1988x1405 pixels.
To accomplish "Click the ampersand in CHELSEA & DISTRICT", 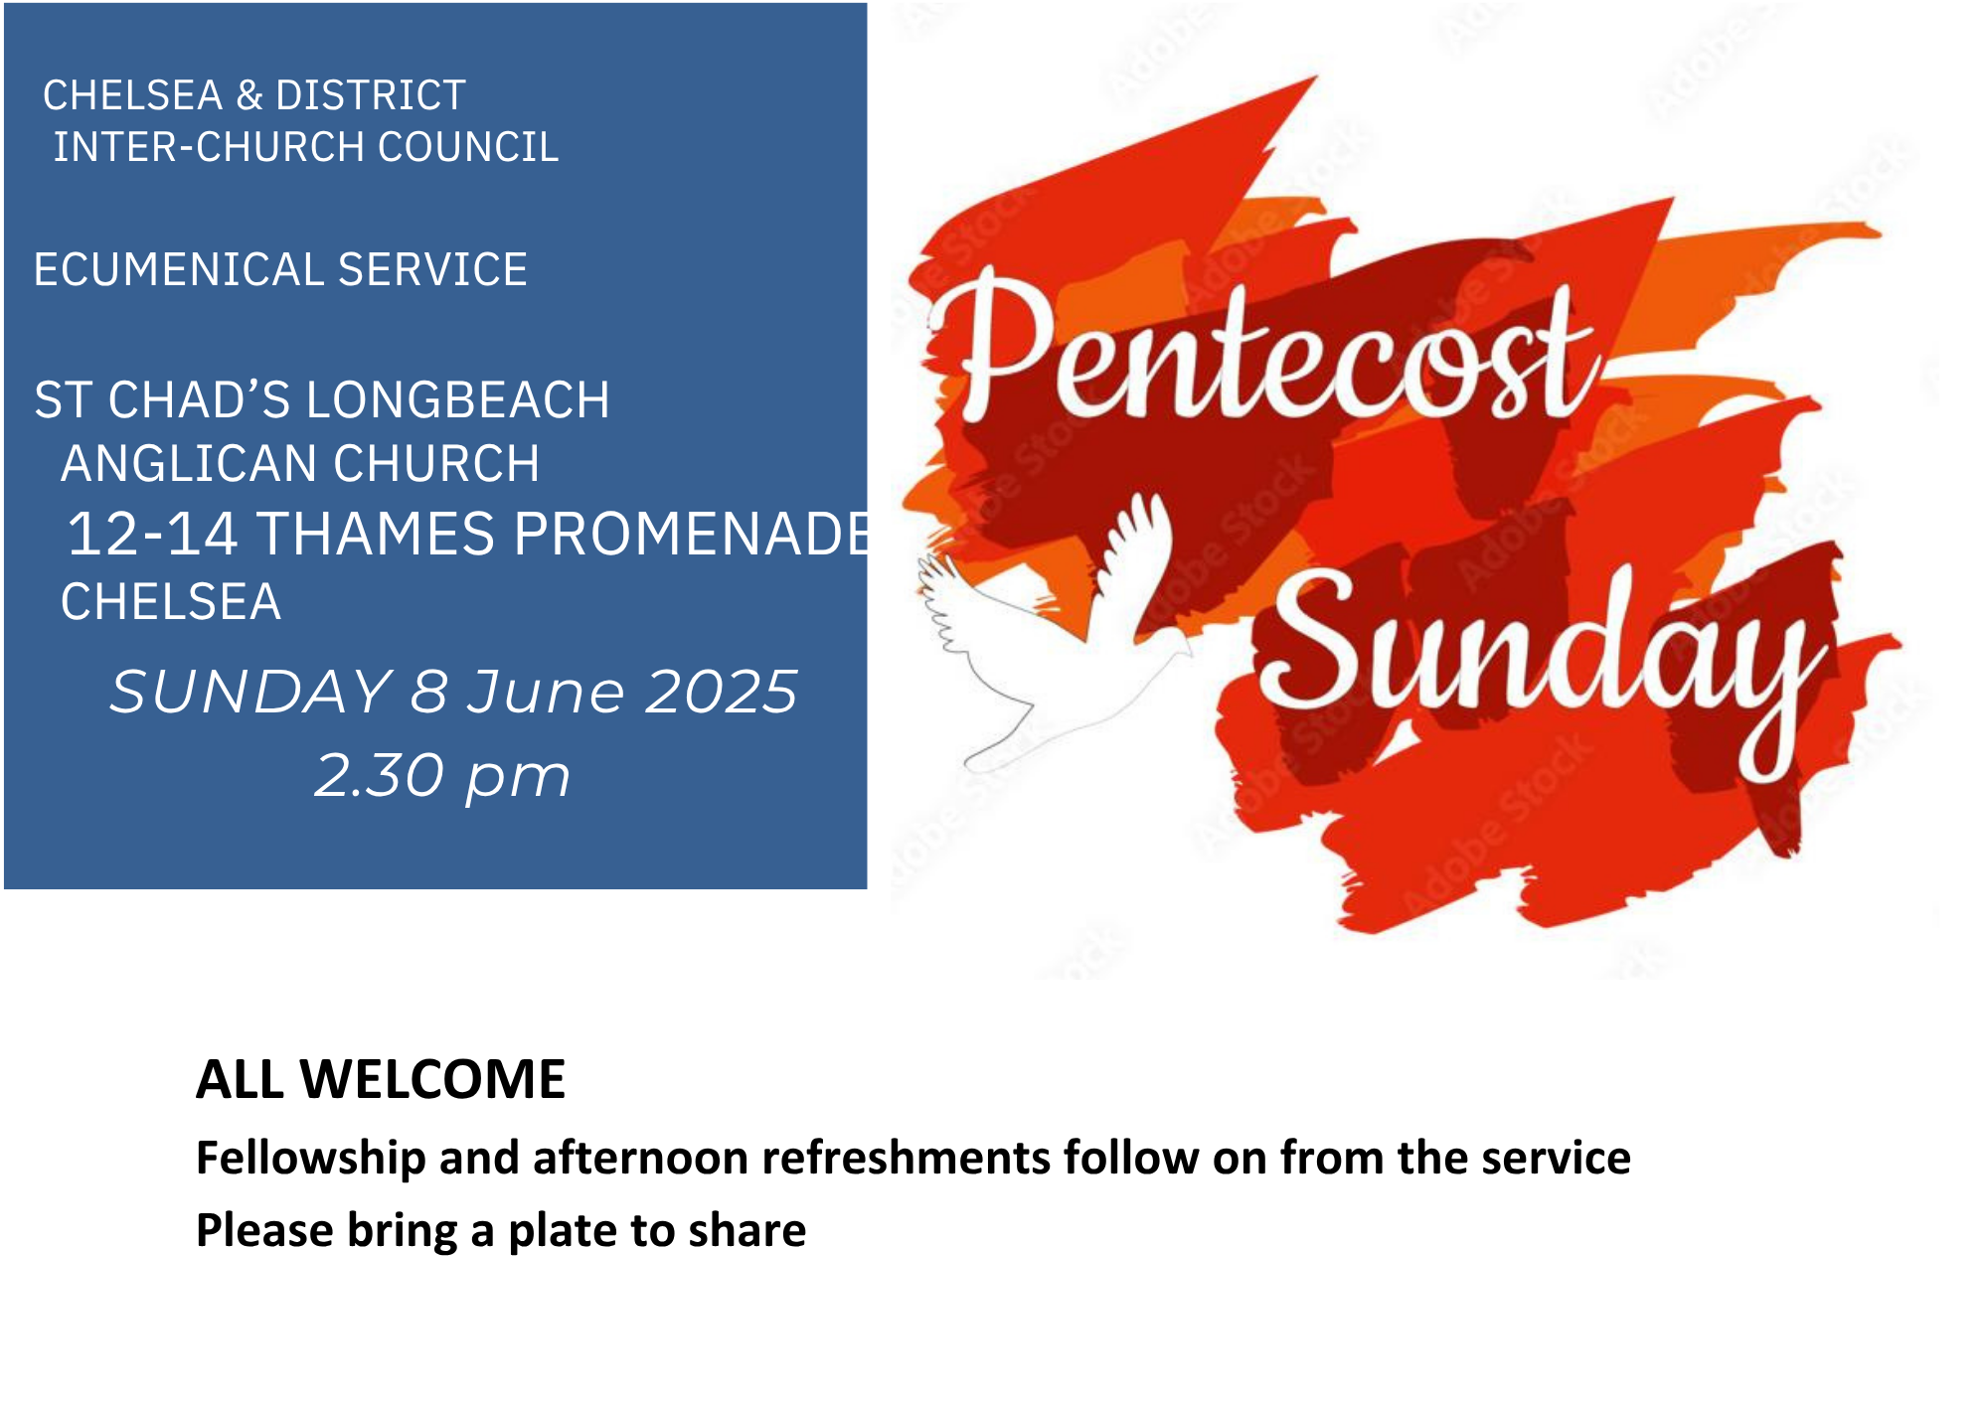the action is (249, 95).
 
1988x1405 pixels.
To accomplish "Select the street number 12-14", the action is (152, 534).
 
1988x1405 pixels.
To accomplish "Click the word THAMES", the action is (377, 534).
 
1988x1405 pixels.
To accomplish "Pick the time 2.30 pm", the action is (442, 776).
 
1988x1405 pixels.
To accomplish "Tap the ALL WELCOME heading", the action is (381, 1079).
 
